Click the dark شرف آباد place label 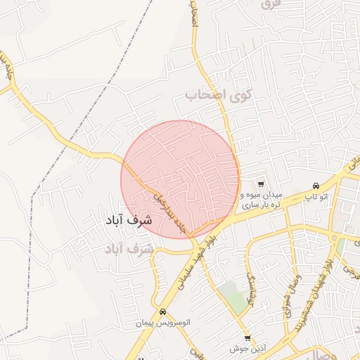(128, 220)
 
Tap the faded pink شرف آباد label (129, 249)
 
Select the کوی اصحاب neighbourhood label (218, 94)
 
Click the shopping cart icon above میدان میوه (262, 184)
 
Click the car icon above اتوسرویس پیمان (163, 311)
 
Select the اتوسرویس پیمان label (163, 323)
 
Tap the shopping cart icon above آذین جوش (247, 338)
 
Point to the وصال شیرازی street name (287, 292)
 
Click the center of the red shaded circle (180, 179)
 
